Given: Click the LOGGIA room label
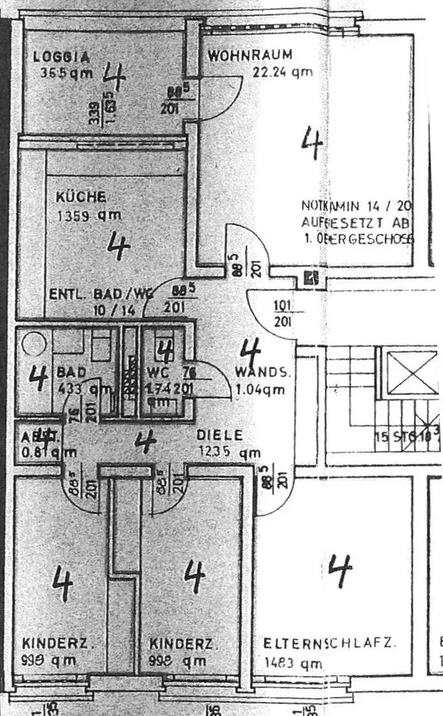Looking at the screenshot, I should point(62,57).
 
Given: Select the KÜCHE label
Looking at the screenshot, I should point(82,196).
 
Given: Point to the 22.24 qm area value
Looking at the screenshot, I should point(282,72).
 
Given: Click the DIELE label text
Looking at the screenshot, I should point(220,435).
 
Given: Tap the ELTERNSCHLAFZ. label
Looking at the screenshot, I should point(328,643).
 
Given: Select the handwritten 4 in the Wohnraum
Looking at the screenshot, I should point(311,142).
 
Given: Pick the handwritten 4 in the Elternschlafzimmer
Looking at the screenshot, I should point(340,570).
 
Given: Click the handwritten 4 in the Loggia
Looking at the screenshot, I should point(115,75).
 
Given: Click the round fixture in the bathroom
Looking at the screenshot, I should point(33,344).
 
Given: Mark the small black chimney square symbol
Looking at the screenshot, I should point(311,278).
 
